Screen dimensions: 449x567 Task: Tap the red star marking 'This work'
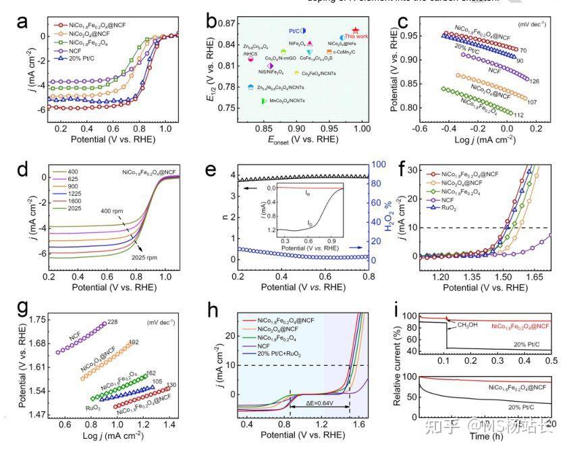pyautogui.click(x=356, y=30)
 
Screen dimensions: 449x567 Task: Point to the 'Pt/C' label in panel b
pyautogui.click(x=294, y=31)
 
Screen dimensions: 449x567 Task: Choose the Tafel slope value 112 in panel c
pyautogui.click(x=519, y=115)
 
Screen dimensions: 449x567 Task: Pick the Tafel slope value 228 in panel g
pyautogui.click(x=113, y=322)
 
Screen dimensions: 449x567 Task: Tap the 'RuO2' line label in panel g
pyautogui.click(x=94, y=408)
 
